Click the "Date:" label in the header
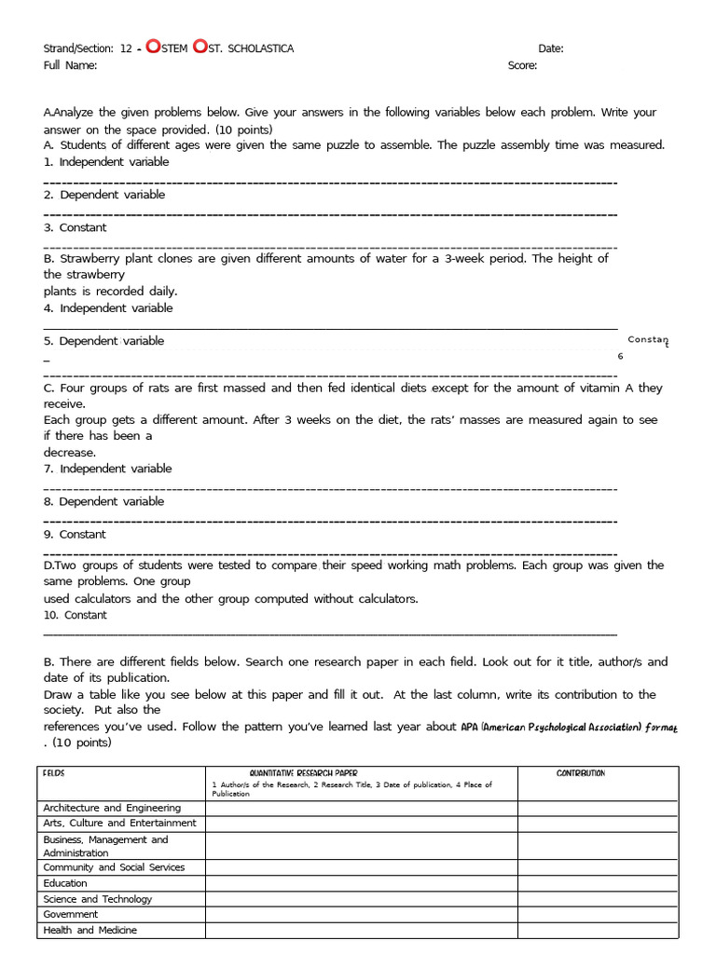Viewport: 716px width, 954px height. click(550, 48)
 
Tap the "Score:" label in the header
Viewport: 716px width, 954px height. click(522, 65)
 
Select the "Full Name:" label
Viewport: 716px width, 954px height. click(70, 65)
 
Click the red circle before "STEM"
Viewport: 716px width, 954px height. click(153, 48)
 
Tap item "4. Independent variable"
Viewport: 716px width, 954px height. click(108, 308)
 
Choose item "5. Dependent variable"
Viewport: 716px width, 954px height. click(104, 341)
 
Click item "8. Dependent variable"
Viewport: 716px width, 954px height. click(104, 501)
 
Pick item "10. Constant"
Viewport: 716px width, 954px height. click(76, 615)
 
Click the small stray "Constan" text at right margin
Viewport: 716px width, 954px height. click(648, 340)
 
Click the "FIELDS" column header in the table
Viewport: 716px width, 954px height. click(54, 773)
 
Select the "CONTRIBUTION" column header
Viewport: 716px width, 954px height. click(580, 773)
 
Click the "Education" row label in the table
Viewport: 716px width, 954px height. click(65, 883)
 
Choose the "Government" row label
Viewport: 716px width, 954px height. click(70, 914)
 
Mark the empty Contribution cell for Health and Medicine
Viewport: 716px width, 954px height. click(599, 930)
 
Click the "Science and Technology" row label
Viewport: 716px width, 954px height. click(97, 899)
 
